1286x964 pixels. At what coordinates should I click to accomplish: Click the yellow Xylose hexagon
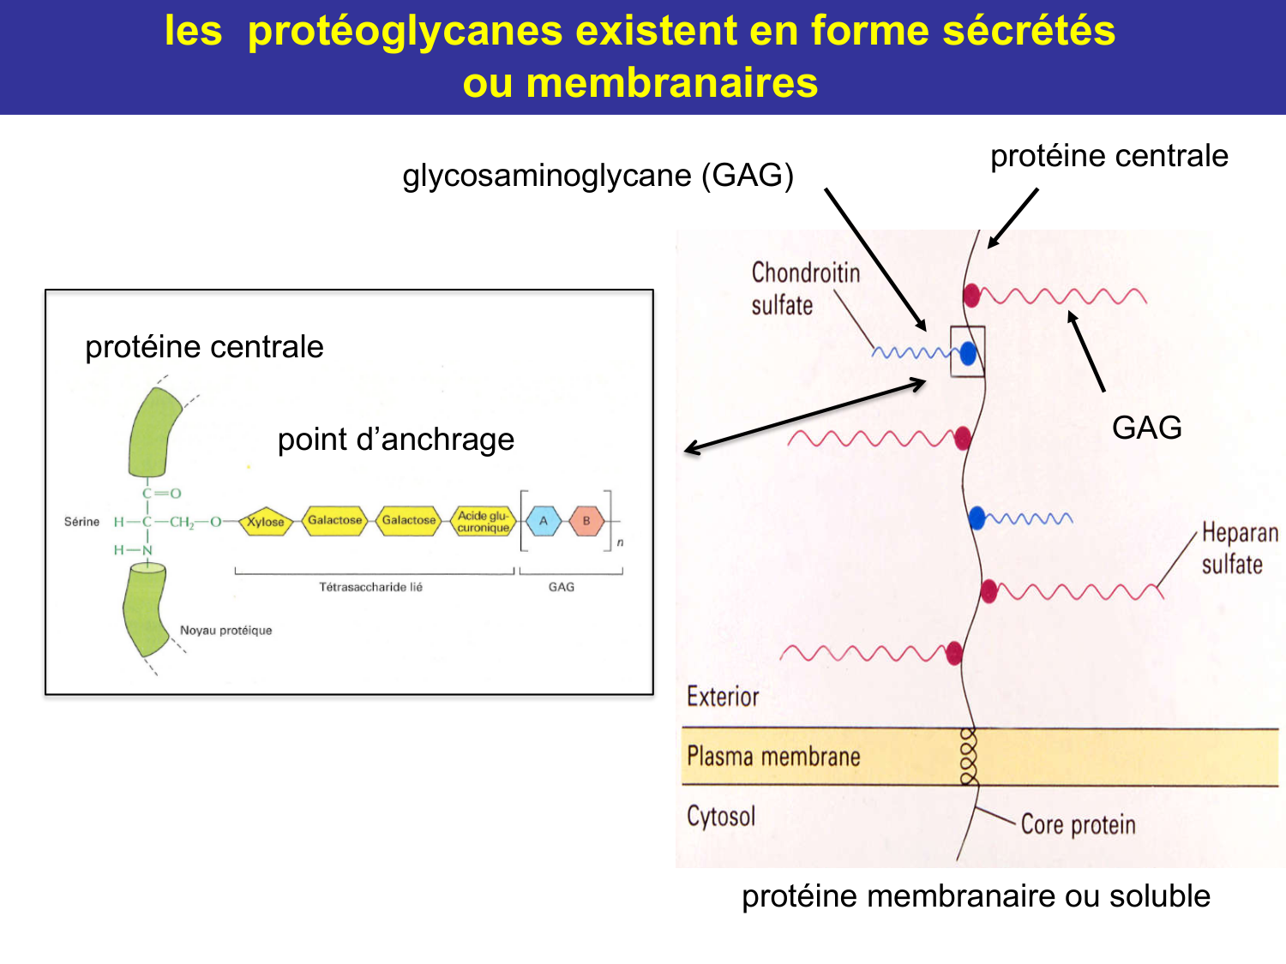pos(266,521)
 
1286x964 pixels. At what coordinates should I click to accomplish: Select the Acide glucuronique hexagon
pos(483,521)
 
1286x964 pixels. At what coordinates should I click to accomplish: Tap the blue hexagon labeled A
pos(543,521)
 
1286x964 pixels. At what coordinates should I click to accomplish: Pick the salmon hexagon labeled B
pos(586,521)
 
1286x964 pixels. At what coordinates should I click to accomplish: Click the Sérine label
pos(81,521)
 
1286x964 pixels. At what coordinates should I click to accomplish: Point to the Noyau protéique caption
pos(225,630)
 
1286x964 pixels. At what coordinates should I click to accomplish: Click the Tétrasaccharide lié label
pos(370,587)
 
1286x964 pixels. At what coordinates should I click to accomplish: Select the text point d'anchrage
pos(395,440)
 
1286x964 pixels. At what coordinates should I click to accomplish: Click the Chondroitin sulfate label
pos(804,289)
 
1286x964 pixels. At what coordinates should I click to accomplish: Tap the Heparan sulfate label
pos(1239,548)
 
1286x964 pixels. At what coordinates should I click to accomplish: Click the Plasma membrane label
pos(773,757)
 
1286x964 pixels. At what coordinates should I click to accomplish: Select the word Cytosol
pos(721,816)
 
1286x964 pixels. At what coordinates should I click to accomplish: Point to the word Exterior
pos(723,697)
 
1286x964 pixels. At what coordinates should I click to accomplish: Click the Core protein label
pos(1078,824)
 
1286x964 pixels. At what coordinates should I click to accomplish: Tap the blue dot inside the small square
pos(968,352)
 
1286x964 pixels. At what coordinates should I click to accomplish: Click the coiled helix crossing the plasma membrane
pos(969,757)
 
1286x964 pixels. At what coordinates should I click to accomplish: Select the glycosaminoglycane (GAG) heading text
pos(598,175)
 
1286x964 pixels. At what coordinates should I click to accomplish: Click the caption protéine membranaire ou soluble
pos(976,895)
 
